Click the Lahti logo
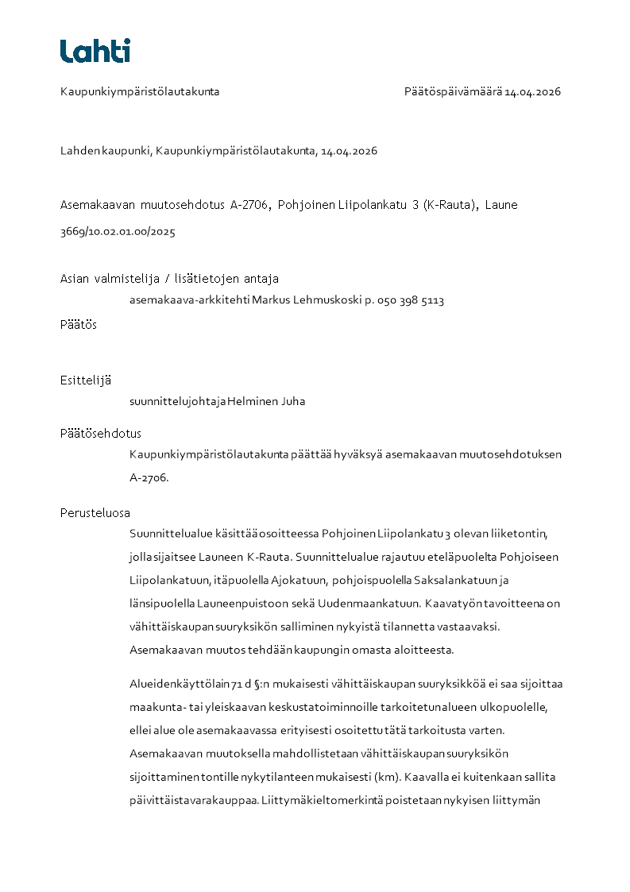(95, 51)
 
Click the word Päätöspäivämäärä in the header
(453, 91)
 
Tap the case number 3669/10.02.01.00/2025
(118, 232)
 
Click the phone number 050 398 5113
(410, 300)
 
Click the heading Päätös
(79, 324)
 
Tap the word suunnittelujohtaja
(177, 401)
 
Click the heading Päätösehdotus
(101, 434)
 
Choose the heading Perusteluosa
(95, 512)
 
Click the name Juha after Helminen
(292, 401)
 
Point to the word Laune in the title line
(501, 205)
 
